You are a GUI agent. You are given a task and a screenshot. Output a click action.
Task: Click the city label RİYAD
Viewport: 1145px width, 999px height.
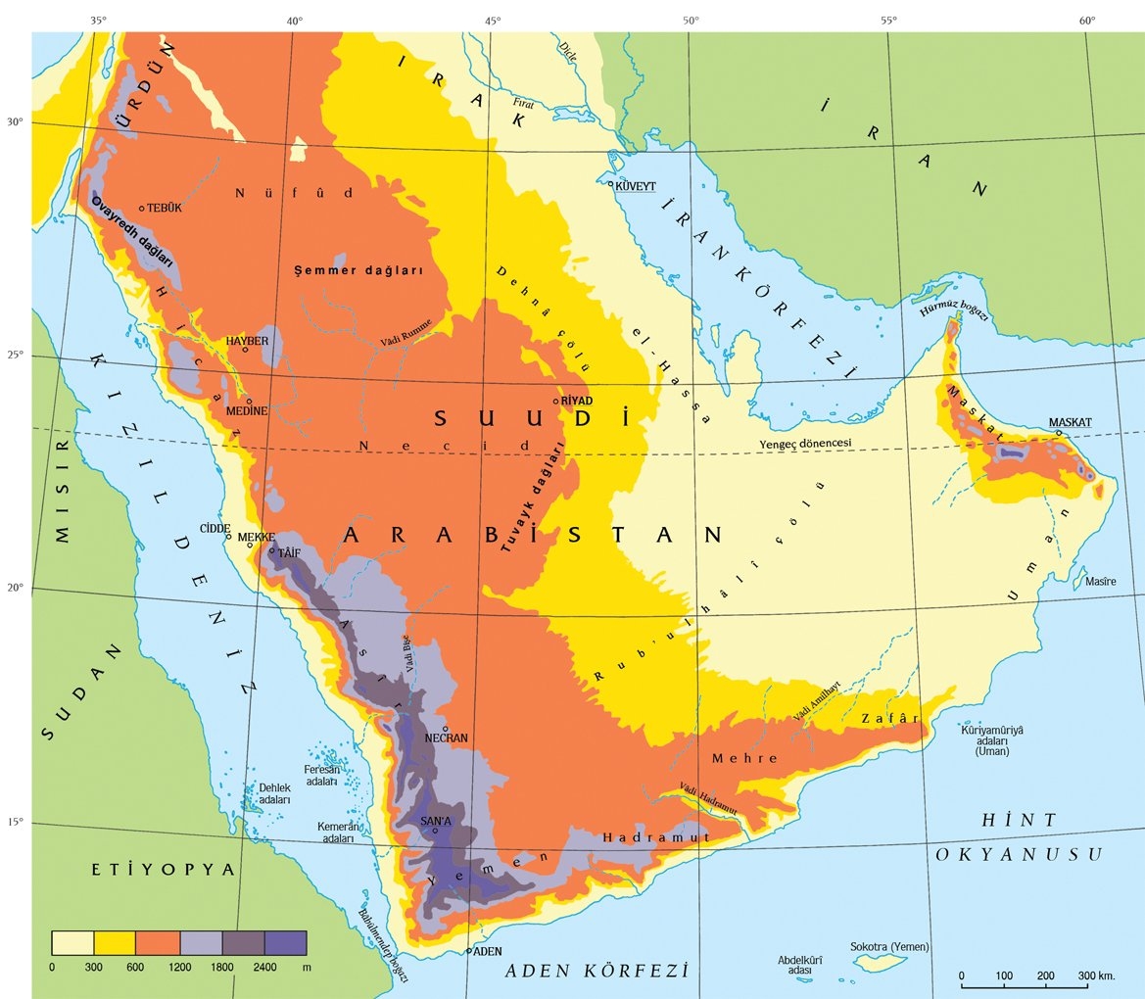point(578,401)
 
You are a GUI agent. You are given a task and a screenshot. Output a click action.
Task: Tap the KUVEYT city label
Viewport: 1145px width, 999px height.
point(635,185)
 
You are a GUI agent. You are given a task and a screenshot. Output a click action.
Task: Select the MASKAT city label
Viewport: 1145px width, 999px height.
point(1070,422)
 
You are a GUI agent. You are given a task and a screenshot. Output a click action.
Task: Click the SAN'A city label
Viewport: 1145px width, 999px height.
point(436,820)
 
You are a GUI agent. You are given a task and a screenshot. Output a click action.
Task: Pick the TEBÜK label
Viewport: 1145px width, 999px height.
point(165,208)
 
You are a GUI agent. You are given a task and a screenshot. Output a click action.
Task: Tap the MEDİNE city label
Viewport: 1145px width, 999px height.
point(246,411)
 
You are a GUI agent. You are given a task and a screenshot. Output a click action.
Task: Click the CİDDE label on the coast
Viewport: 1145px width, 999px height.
point(215,526)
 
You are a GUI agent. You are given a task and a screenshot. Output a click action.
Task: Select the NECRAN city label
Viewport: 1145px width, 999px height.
point(446,737)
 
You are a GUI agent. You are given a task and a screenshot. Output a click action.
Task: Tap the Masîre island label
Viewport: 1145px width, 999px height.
point(1100,582)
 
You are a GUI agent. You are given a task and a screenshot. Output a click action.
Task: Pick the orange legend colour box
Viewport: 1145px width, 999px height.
point(158,942)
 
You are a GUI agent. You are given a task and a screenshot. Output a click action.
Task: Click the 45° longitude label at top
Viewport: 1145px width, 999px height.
point(492,19)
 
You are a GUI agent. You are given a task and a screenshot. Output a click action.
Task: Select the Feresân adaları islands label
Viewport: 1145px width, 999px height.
point(321,775)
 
